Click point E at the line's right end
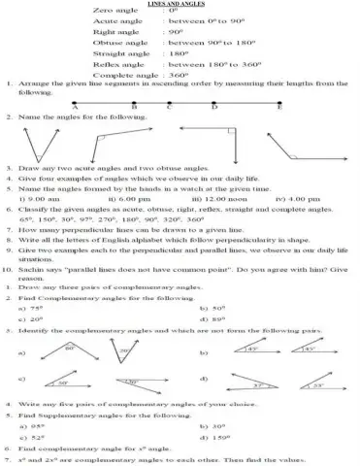click(x=280, y=108)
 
